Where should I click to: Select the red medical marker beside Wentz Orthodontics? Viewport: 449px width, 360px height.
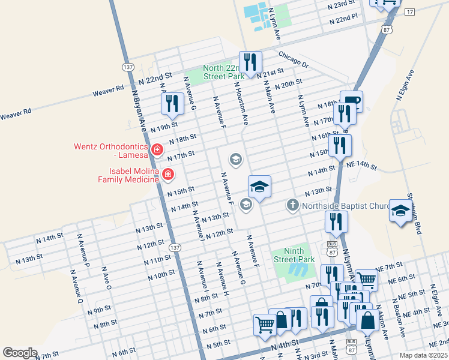157,149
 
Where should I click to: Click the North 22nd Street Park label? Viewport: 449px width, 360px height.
224,72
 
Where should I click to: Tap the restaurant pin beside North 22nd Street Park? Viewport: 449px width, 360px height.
249,62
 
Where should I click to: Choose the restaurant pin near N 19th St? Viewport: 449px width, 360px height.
172,103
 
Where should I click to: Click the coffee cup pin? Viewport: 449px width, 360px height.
351,101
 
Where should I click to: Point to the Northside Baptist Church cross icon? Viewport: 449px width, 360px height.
292,206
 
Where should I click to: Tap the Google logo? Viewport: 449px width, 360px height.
20,353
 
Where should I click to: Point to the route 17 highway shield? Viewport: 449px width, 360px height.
410,12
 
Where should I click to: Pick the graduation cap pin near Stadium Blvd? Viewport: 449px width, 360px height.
400,211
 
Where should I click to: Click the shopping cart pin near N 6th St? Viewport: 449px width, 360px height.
264,325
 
